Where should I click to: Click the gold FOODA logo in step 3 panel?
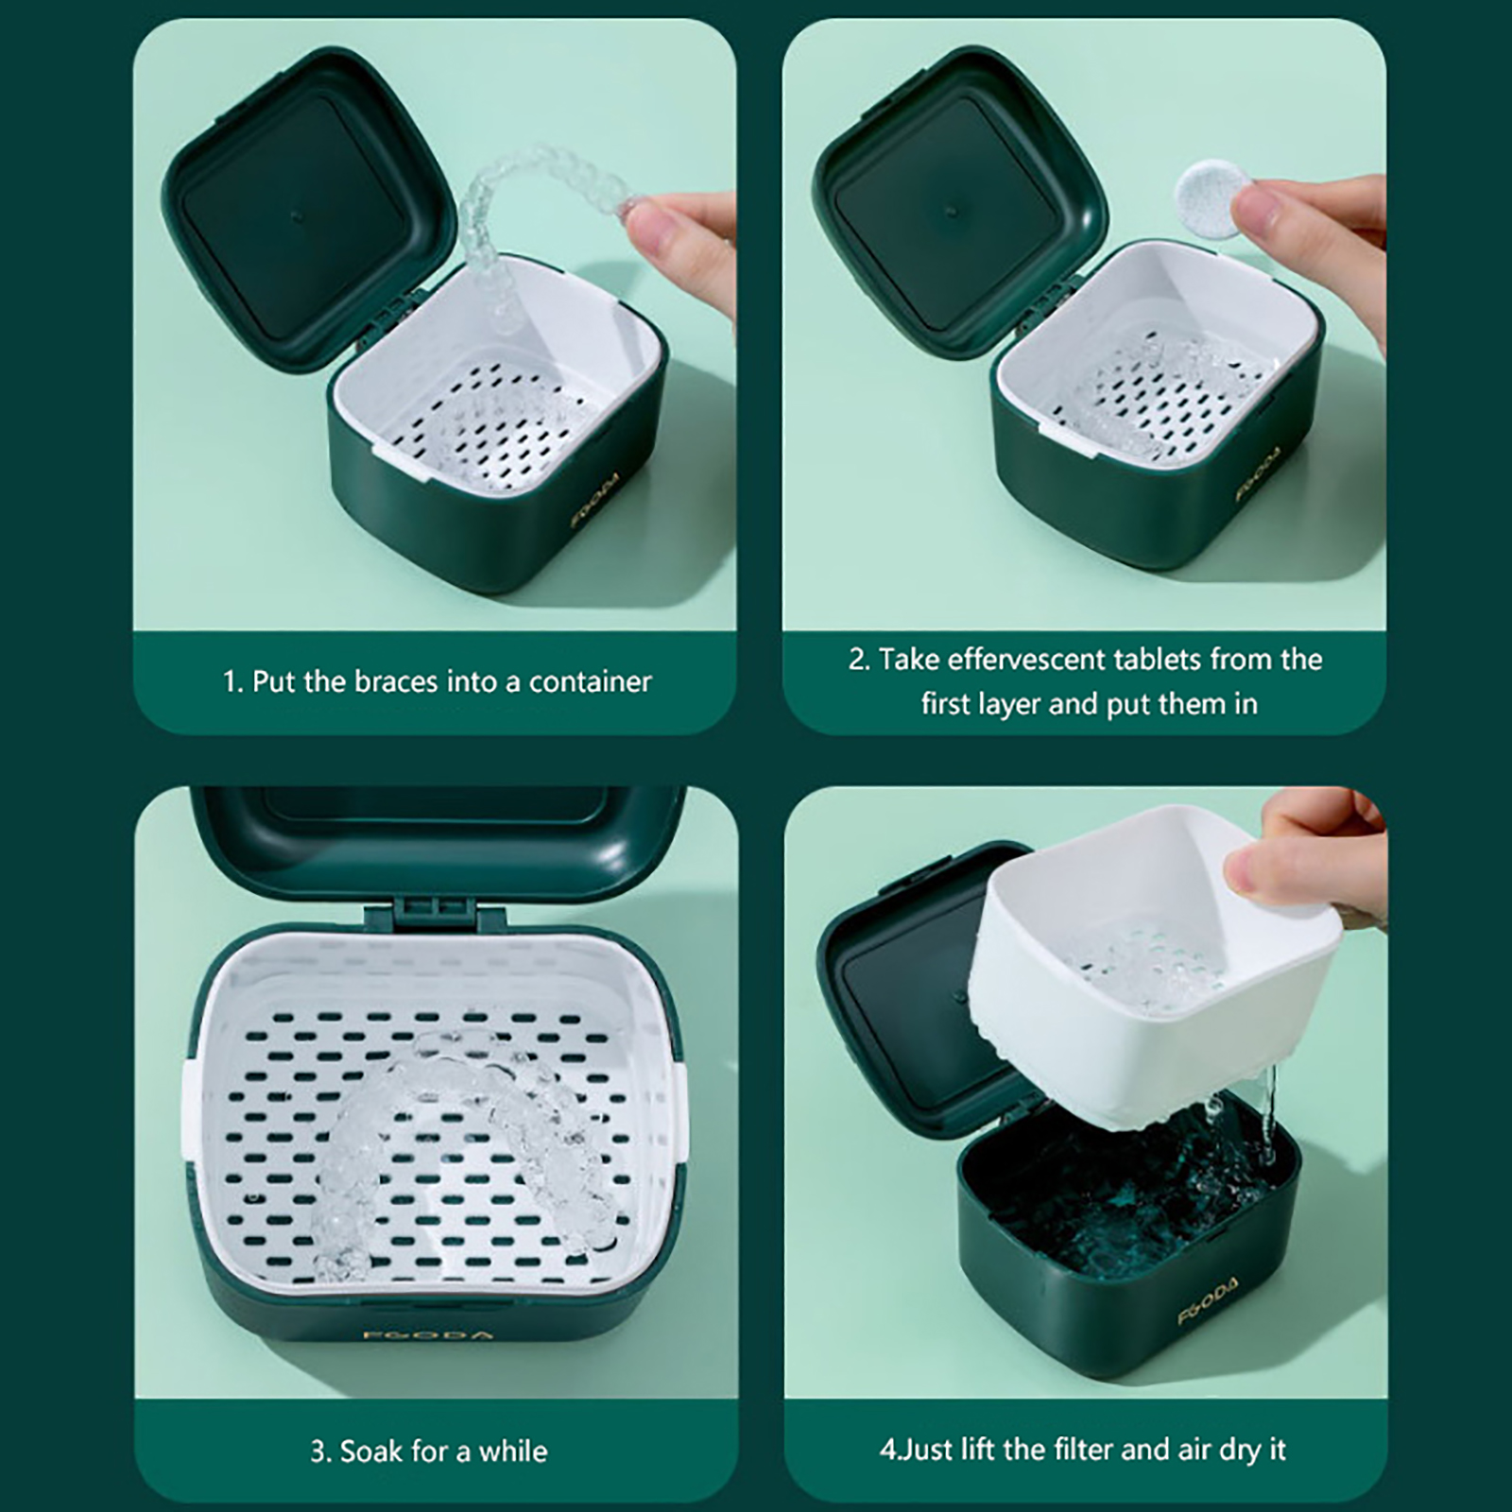428,1334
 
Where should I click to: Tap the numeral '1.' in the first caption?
233,681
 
